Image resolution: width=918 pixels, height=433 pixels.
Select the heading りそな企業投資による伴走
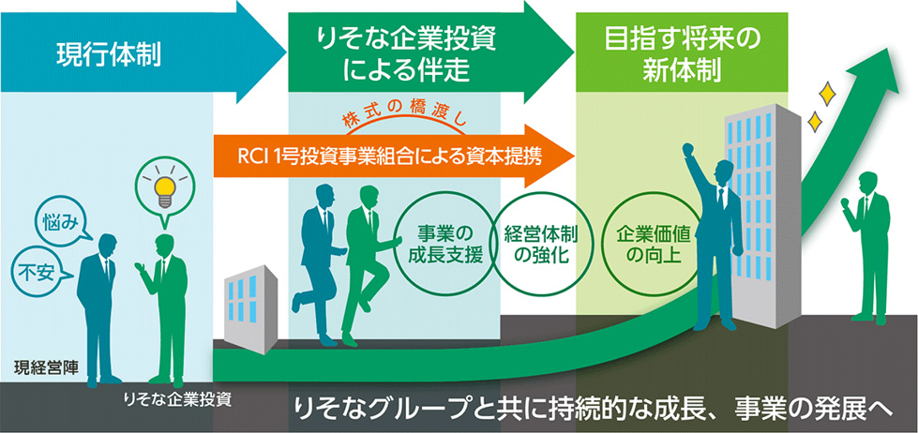(x=406, y=53)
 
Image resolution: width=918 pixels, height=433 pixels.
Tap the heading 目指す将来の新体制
(x=682, y=53)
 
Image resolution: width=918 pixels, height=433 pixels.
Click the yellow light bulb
(x=165, y=187)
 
